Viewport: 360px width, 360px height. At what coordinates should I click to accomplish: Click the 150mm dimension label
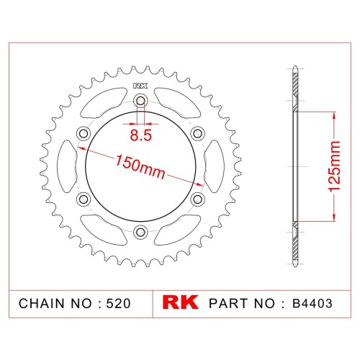pyautogui.click(x=140, y=167)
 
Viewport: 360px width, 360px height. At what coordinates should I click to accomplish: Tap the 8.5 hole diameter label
pyautogui.click(x=141, y=135)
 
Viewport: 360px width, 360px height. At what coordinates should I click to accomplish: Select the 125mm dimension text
pyautogui.click(x=334, y=166)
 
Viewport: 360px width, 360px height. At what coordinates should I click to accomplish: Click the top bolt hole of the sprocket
pyautogui.click(x=140, y=101)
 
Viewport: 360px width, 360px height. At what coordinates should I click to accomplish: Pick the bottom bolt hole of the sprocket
pyautogui.click(x=140, y=232)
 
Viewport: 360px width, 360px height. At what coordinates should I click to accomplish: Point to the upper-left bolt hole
pyautogui.click(x=84, y=133)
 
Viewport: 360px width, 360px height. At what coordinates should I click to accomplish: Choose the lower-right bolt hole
pyautogui.click(x=197, y=199)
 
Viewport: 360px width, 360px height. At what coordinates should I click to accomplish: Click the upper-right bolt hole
pyautogui.click(x=197, y=133)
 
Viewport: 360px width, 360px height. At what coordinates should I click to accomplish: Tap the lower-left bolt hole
pyautogui.click(x=84, y=199)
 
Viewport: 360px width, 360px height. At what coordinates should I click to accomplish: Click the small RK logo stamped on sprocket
pyautogui.click(x=140, y=86)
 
